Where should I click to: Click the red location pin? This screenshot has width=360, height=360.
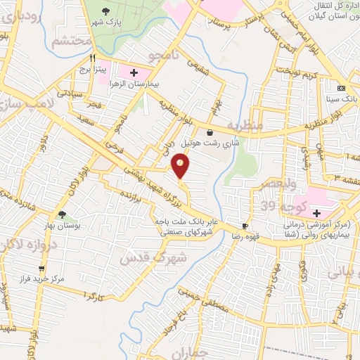(x=181, y=166)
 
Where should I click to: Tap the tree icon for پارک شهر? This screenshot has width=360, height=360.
(x=106, y=11)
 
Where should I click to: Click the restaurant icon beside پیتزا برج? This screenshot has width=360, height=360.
(x=92, y=59)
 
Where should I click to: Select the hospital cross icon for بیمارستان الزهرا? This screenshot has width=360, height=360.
(x=134, y=72)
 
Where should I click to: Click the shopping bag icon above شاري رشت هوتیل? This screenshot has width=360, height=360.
(x=210, y=131)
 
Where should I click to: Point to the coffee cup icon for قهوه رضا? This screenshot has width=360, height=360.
(x=245, y=226)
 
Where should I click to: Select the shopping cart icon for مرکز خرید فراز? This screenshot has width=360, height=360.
(x=42, y=268)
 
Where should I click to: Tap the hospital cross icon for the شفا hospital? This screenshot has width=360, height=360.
(x=316, y=213)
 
